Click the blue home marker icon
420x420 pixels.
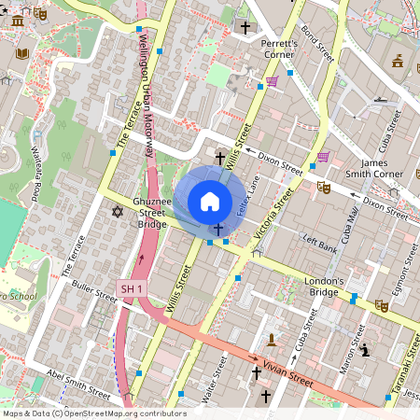tap(210, 202)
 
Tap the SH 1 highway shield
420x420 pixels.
tap(133, 289)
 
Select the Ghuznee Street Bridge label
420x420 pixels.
tap(150, 212)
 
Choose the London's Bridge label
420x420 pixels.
tap(324, 286)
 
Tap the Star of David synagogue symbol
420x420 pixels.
tap(118, 212)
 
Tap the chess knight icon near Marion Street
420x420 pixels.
tap(365, 350)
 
